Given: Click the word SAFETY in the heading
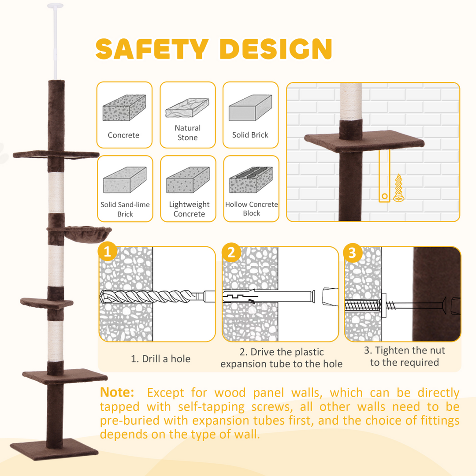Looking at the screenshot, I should pyautogui.click(x=152, y=49).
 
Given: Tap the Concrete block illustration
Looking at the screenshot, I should pyautogui.click(x=124, y=108).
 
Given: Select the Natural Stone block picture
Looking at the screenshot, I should pyautogui.click(x=187, y=108).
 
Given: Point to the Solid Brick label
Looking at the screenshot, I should pyautogui.click(x=250, y=135).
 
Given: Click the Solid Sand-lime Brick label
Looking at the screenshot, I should pyautogui.click(x=125, y=209).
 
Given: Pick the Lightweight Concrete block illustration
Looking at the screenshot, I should pyautogui.click(x=189, y=180).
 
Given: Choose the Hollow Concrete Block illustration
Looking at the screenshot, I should pyautogui.click(x=251, y=180).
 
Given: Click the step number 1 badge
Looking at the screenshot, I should pyautogui.click(x=107, y=253).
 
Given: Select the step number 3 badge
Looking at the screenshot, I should pyautogui.click(x=352, y=253).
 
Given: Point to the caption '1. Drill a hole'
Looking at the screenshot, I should pyautogui.click(x=161, y=359).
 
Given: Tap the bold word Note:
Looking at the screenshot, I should pyautogui.click(x=117, y=392).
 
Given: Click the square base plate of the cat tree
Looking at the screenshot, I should pyautogui.click(x=54, y=449).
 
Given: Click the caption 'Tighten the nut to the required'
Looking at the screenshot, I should pyautogui.click(x=405, y=357).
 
